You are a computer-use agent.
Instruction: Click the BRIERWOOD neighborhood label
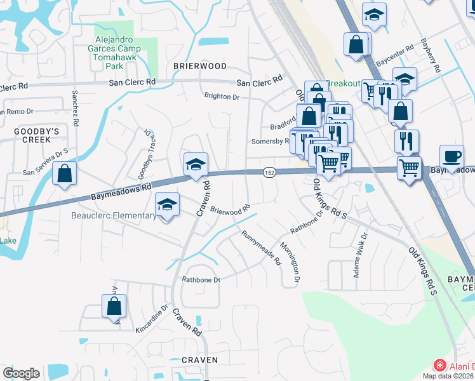(200, 66)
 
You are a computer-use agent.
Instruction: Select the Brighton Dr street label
(222, 97)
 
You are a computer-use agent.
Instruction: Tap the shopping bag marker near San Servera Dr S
(65, 173)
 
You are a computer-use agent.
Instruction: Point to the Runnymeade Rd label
(260, 248)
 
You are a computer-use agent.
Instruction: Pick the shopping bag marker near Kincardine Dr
(114, 307)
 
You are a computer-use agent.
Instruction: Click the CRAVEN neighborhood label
(199, 360)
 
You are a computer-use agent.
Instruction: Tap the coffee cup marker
(452, 156)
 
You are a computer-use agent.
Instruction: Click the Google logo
(21, 373)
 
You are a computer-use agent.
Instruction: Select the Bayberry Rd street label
(431, 58)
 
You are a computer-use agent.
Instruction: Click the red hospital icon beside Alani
(439, 366)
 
